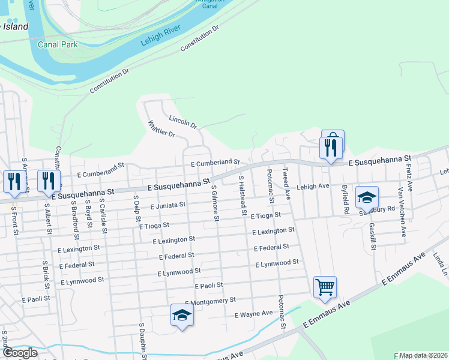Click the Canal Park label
(58, 44)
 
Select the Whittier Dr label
(161, 129)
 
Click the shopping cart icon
(325, 287)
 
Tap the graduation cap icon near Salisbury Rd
(367, 196)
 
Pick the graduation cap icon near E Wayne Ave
(181, 315)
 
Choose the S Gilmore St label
(214, 202)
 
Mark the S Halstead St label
(243, 195)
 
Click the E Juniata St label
(169, 205)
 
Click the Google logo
(19, 353)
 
